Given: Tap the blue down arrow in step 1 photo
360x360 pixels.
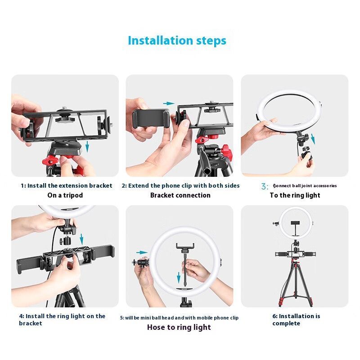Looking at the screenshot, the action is pyautogui.click(x=87, y=147).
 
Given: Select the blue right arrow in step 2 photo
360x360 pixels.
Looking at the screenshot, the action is pyautogui.click(x=169, y=103).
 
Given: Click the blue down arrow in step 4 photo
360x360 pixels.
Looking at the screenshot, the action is pyautogui.click(x=81, y=239).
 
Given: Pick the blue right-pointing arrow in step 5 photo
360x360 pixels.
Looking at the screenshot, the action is pyautogui.click(x=142, y=252).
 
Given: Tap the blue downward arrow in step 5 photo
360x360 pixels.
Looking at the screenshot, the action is pyautogui.click(x=179, y=277).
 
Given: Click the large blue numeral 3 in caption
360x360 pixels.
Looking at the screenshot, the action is pyautogui.click(x=264, y=186).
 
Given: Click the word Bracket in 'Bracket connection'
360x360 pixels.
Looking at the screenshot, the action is pyautogui.click(x=162, y=195).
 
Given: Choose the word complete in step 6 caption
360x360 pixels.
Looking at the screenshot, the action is pyautogui.click(x=286, y=324).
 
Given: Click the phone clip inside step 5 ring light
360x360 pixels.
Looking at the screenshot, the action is pyautogui.click(x=185, y=247).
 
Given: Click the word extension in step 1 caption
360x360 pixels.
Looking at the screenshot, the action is pyautogui.click(x=73, y=185).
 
